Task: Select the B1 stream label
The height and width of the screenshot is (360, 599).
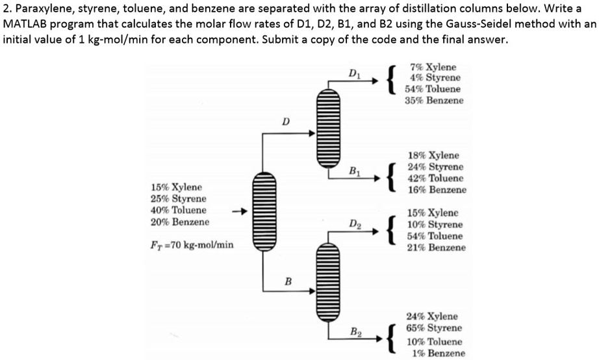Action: point(354,172)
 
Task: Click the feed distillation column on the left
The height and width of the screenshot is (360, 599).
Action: point(263,209)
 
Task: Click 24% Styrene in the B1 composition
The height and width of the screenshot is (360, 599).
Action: point(435,167)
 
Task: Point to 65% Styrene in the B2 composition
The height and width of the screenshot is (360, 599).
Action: point(434,328)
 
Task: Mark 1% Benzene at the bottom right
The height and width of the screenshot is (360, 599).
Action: point(439,353)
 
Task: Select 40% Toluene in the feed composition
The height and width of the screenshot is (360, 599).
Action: point(179,210)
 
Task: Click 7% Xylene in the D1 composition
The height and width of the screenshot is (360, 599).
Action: point(434,67)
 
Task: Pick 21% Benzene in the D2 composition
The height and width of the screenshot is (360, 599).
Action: point(435,248)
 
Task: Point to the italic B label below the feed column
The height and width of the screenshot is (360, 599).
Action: point(286,281)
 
